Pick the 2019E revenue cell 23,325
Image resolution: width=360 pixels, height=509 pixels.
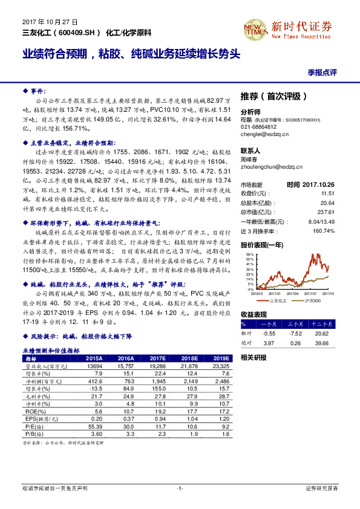(x=221, y=366)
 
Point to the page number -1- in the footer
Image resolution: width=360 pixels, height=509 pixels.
(x=180, y=488)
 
